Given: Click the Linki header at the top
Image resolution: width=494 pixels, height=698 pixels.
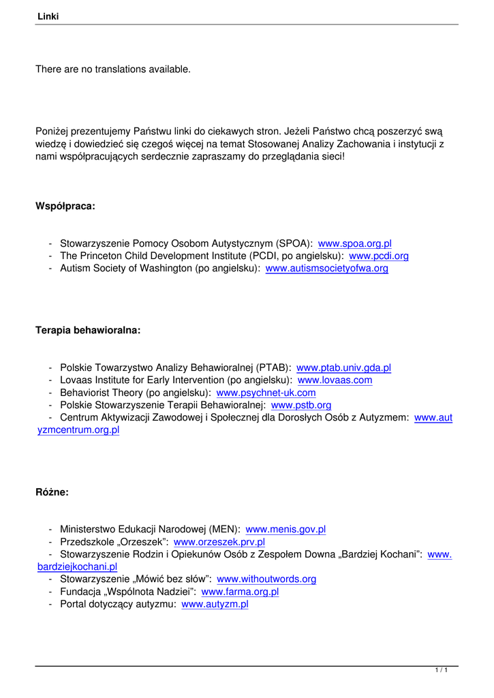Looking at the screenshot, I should (48, 16).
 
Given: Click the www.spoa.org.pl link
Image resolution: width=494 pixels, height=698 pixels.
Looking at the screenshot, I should (354, 243).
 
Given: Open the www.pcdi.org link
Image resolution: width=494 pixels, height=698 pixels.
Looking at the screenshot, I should (378, 256).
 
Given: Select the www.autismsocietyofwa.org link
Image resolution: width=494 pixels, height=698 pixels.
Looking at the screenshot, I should (326, 269).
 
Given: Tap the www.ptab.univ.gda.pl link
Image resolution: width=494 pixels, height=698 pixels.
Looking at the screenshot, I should (343, 367).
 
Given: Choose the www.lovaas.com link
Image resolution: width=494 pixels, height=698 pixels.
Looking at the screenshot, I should (335, 380).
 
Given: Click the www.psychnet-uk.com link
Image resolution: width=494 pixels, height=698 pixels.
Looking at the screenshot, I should (266, 393).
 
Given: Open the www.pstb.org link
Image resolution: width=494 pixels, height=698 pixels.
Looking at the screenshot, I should (300, 406).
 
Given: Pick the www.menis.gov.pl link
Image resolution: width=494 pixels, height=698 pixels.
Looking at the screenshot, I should (285, 529).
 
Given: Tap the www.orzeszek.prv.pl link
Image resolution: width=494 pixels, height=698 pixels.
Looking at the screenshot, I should (219, 542).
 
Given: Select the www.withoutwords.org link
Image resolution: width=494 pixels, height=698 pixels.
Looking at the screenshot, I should (266, 579).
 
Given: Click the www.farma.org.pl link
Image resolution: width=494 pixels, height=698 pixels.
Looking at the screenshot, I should (240, 592).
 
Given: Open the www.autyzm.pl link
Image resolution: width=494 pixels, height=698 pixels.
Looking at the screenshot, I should (215, 604).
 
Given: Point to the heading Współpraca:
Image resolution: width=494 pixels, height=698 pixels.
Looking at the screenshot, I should (65, 206).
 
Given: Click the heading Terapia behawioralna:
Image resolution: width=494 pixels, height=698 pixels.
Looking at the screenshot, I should (88, 331).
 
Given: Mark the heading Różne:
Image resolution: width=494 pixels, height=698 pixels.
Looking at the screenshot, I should (52, 491).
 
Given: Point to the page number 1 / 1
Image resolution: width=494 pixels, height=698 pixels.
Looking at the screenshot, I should (441, 671).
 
